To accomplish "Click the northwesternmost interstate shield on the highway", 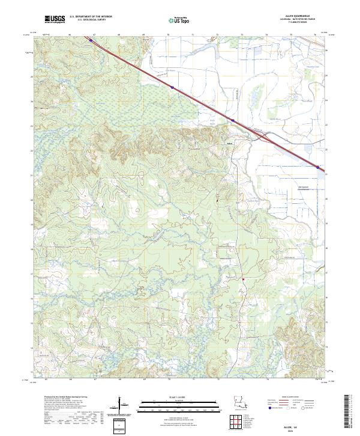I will [92, 41].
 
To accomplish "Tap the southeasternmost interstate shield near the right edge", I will [317, 167].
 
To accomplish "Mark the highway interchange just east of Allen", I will [262, 137].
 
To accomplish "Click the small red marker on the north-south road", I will [244, 279].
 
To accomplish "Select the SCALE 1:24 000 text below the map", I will [179, 397].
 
